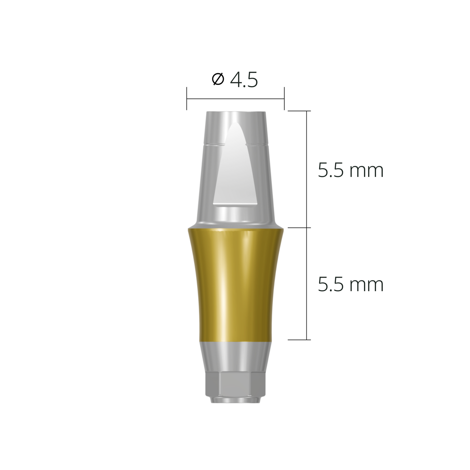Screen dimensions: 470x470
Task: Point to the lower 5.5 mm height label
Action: point(350,285)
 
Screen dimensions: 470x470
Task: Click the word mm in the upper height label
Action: point(366,171)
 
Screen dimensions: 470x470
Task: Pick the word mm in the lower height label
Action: point(366,286)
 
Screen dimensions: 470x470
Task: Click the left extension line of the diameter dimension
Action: point(187,98)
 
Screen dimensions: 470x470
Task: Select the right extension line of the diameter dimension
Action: point(284,98)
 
